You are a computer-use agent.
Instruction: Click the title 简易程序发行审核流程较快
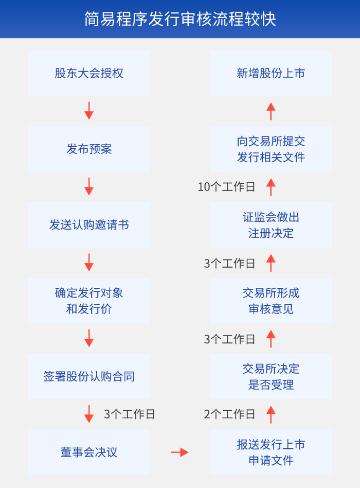pos(180,19)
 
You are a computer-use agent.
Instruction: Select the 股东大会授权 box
pos(89,73)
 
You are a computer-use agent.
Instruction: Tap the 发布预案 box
pos(89,149)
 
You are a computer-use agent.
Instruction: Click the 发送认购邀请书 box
pos(89,225)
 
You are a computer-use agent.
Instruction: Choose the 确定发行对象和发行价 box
pos(89,301)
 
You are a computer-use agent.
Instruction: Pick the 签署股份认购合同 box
pos(89,376)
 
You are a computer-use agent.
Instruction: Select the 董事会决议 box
pos(89,452)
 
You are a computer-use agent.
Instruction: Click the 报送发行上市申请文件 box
pos(271,452)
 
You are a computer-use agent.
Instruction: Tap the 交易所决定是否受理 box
pos(271,376)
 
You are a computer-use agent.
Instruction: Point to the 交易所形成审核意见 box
pos(271,301)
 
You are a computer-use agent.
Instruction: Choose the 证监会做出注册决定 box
pos(271,225)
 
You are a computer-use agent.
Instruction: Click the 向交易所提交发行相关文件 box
pos(271,149)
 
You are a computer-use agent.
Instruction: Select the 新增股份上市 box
pos(271,73)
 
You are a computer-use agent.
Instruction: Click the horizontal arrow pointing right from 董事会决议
pos(179,452)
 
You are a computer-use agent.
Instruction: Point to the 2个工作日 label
pos(229,414)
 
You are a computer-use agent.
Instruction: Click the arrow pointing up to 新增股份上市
pos(271,111)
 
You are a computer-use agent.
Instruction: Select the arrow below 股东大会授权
pos(89,111)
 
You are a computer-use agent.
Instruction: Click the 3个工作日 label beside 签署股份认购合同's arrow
pos(129,414)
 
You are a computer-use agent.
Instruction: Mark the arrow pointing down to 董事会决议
pos(89,414)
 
